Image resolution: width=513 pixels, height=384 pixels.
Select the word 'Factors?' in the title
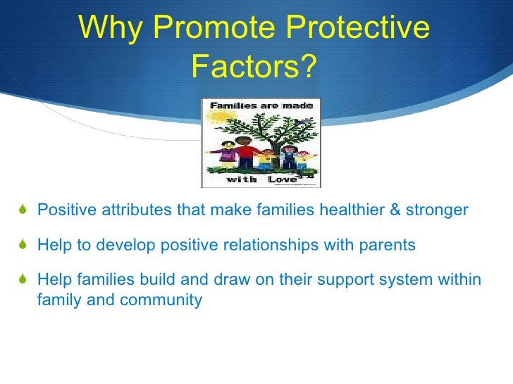coord(254,68)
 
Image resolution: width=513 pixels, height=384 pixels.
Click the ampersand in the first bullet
coord(404,210)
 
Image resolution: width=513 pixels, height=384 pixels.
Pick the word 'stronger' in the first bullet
coord(440,210)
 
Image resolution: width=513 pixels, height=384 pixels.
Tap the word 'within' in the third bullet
coord(461,281)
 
